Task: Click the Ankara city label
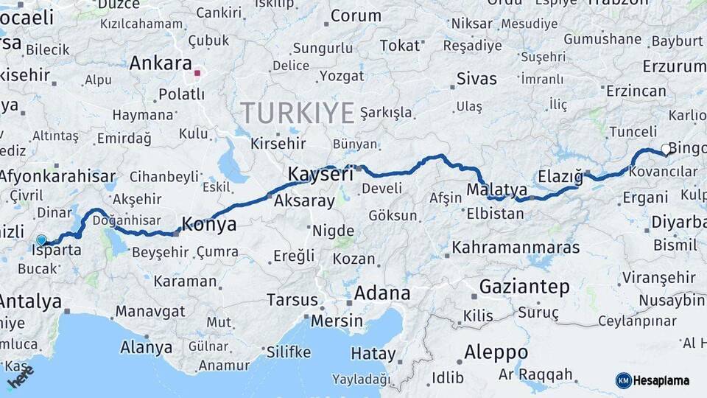tap(161, 63)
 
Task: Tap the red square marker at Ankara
tap(197, 72)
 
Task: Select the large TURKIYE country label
tap(297, 113)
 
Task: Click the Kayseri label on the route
tap(320, 175)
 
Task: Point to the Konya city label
tap(209, 224)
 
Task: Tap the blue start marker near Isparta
tap(41, 240)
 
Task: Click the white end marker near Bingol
tap(666, 149)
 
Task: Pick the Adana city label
tap(382, 293)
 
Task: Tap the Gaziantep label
tap(524, 286)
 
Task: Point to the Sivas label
tap(476, 78)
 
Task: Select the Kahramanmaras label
tap(516, 248)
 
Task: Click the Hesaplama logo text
tap(663, 380)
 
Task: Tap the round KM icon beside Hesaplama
tap(624, 380)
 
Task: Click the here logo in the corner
tap(20, 377)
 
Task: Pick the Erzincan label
tap(636, 91)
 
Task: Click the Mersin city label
tap(337, 321)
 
